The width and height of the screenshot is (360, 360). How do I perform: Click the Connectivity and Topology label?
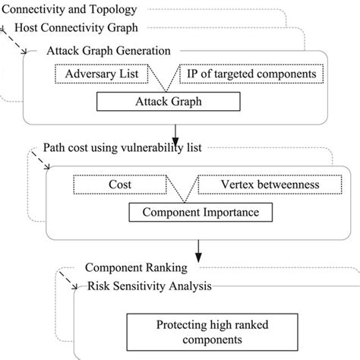pos(70,10)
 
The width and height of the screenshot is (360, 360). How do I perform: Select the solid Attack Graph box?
pos(168,100)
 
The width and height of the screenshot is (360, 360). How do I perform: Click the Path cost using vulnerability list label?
pos(122,148)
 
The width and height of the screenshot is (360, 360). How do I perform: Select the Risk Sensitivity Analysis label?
pos(149,286)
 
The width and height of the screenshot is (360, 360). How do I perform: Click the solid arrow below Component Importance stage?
pos(199,247)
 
